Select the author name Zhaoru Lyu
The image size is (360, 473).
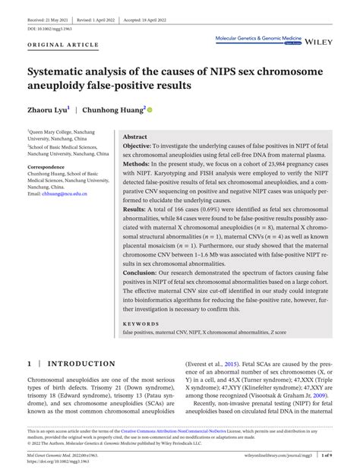47,110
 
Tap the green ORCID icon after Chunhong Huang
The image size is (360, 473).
150,110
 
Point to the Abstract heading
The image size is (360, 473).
134,137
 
